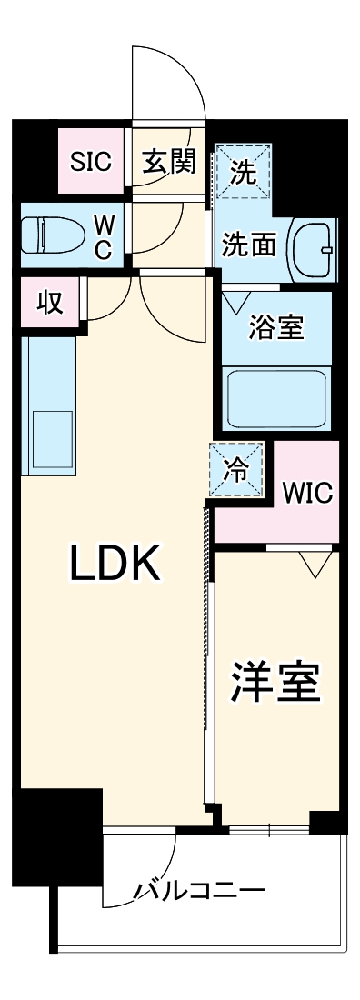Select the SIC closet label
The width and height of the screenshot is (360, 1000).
[91, 162]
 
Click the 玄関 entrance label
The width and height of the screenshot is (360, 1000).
[169, 162]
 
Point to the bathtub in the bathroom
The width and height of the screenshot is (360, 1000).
[276, 396]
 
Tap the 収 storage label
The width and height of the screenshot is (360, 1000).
[51, 303]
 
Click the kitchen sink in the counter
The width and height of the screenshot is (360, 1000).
[52, 438]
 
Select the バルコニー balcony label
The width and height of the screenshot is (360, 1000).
[199, 890]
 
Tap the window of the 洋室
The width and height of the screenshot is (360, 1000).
[270, 829]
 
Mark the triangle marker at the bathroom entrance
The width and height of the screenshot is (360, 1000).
[236, 301]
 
